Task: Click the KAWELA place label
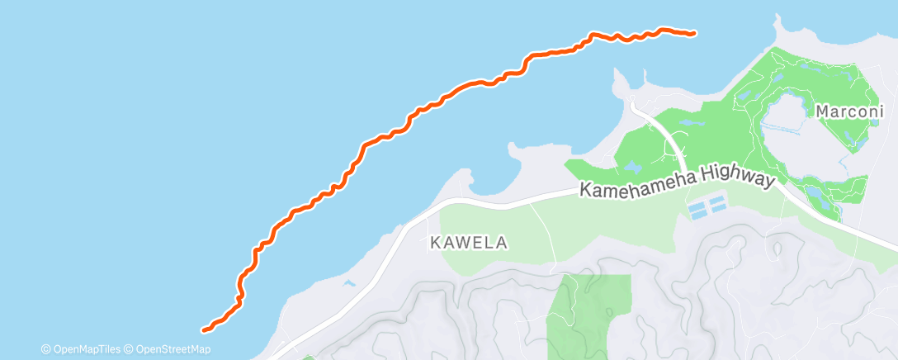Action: click(x=469, y=243)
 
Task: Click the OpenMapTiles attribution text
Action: click(x=86, y=349)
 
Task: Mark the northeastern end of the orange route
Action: click(x=693, y=34)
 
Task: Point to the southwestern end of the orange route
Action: click(x=205, y=329)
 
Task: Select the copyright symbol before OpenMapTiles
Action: click(x=45, y=349)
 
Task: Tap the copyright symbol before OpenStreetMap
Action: click(x=129, y=349)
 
